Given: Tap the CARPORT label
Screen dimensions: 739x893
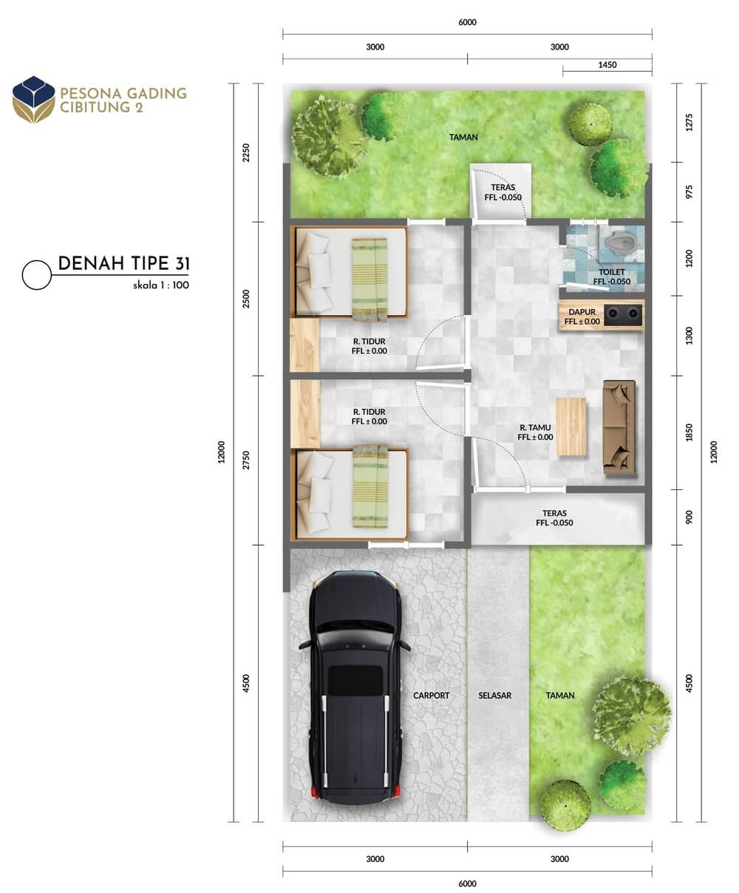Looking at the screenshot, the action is (431, 696).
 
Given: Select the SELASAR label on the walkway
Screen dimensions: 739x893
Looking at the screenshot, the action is (495, 696).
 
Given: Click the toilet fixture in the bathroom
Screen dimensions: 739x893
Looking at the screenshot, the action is (621, 242).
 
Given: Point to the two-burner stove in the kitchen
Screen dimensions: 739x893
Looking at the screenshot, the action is (623, 315).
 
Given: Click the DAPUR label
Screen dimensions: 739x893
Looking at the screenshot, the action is (582, 312).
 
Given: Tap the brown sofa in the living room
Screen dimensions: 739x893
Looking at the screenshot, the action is (619, 427).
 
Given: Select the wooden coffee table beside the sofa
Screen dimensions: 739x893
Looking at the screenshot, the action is (571, 427).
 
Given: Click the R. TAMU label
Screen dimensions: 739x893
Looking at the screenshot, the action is (536, 427).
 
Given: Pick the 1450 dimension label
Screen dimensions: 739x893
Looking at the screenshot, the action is (607, 64).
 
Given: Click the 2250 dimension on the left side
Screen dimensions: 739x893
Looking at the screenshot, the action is (246, 153).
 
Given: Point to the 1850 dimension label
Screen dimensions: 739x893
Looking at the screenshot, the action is (689, 432).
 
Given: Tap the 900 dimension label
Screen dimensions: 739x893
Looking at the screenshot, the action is (689, 517).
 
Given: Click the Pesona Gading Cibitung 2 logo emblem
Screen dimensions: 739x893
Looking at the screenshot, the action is (34, 100).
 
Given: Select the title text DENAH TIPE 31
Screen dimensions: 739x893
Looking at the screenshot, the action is (123, 263).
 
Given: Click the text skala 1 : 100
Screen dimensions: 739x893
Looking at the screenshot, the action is (161, 285).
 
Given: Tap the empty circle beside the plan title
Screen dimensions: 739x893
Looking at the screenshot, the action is (37, 275).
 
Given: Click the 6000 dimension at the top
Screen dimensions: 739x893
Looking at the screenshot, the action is (468, 22).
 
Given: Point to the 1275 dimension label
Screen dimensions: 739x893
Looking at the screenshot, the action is (689, 122).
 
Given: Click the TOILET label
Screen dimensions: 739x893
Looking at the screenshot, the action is (612, 272).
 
